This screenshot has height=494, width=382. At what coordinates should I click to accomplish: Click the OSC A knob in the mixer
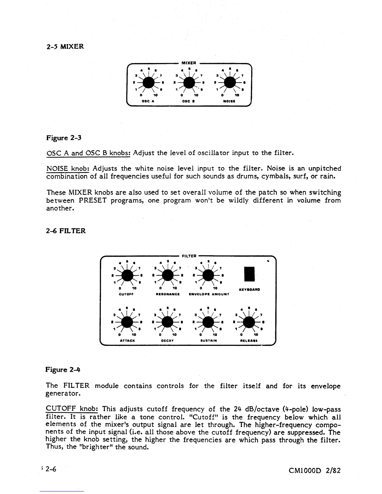click(149, 82)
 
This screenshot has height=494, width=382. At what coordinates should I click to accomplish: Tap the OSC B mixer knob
click(189, 82)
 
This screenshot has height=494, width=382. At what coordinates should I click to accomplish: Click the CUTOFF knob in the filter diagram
click(127, 275)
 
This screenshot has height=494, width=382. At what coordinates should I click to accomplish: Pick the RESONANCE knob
click(168, 275)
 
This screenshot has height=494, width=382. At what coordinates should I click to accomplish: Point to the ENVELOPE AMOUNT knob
click(208, 275)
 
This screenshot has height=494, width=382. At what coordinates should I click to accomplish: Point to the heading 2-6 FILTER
click(66, 231)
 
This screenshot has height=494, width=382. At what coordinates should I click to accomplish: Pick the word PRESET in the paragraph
click(93, 201)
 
